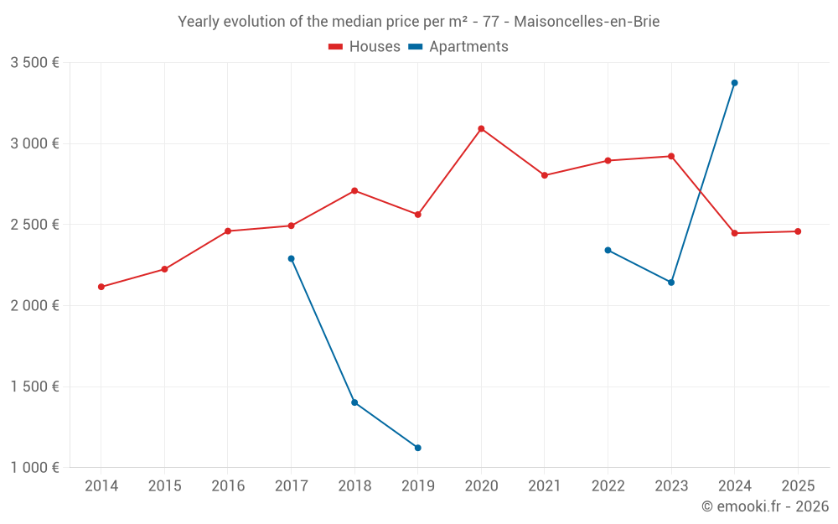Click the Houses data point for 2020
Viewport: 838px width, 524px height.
(481, 129)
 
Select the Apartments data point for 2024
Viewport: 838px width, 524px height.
(734, 83)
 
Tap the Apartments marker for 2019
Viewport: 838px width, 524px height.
(417, 448)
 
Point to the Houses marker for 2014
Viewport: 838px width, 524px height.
(101, 287)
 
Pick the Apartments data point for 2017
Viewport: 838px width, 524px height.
(291, 258)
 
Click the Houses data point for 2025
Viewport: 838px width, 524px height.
(798, 231)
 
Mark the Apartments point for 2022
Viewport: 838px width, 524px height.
(608, 250)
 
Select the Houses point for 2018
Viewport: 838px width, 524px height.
(354, 191)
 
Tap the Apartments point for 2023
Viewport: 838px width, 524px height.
(671, 283)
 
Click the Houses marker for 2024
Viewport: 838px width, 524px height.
(734, 233)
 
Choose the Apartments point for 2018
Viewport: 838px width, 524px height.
(354, 402)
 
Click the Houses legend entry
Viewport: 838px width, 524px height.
(365, 47)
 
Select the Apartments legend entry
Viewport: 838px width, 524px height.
(459, 47)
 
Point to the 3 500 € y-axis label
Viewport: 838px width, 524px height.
(34, 63)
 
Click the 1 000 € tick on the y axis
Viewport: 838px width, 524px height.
(34, 468)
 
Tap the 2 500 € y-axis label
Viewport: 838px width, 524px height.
(34, 225)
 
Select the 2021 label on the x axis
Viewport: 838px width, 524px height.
(545, 486)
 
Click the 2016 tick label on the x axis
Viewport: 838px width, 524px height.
(228, 486)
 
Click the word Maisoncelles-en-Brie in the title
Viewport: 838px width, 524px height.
(586, 22)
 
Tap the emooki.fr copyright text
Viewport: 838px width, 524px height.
(764, 506)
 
